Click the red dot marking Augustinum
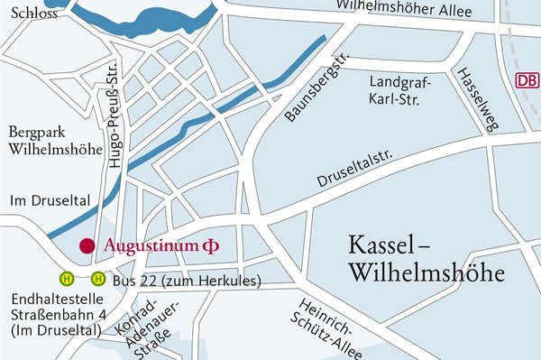87,245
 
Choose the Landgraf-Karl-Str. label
401,90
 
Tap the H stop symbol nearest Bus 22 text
98,279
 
